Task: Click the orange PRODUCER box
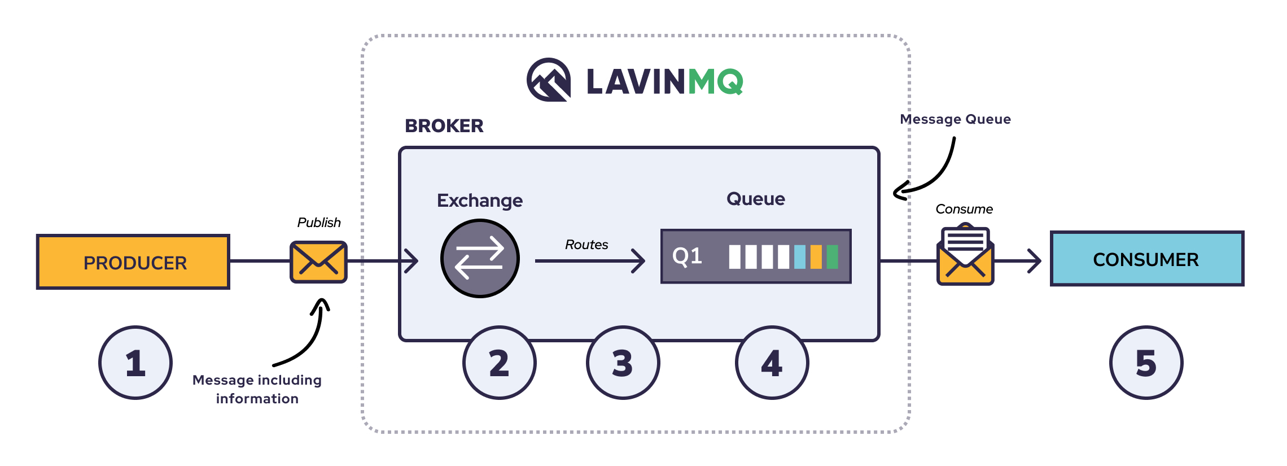(133, 262)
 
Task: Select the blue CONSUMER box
(1146, 259)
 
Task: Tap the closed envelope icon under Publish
(318, 262)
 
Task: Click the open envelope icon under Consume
(965, 257)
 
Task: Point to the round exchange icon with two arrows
(480, 259)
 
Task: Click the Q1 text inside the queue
(687, 256)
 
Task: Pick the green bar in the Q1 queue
(832, 256)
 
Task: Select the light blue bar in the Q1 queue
(800, 256)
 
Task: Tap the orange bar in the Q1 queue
(816, 256)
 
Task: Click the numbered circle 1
(135, 363)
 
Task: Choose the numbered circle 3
(623, 363)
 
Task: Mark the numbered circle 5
(1146, 363)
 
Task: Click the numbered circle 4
(772, 363)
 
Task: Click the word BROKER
(444, 125)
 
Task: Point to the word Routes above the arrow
(586, 245)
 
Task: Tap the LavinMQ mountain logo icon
(548, 80)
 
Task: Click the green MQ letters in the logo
(715, 82)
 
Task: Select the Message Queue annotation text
(955, 119)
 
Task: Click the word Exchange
(480, 201)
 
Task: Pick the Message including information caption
(257, 389)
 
